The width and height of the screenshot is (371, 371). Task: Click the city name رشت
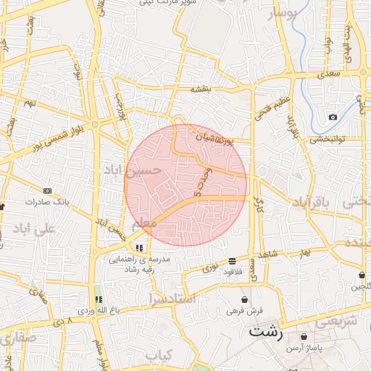click(x=266, y=332)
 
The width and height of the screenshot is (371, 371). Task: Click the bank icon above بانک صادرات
click(x=48, y=191)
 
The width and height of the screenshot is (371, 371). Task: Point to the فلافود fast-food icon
click(x=232, y=261)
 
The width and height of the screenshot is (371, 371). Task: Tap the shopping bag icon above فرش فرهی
click(x=244, y=299)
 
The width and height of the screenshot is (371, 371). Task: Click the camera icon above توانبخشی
click(x=333, y=117)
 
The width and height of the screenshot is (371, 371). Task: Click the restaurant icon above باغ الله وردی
click(x=98, y=299)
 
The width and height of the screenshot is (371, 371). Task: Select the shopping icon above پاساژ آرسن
click(x=303, y=337)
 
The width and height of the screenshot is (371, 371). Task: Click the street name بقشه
click(x=200, y=89)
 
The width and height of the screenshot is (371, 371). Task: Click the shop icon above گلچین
click(x=362, y=275)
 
